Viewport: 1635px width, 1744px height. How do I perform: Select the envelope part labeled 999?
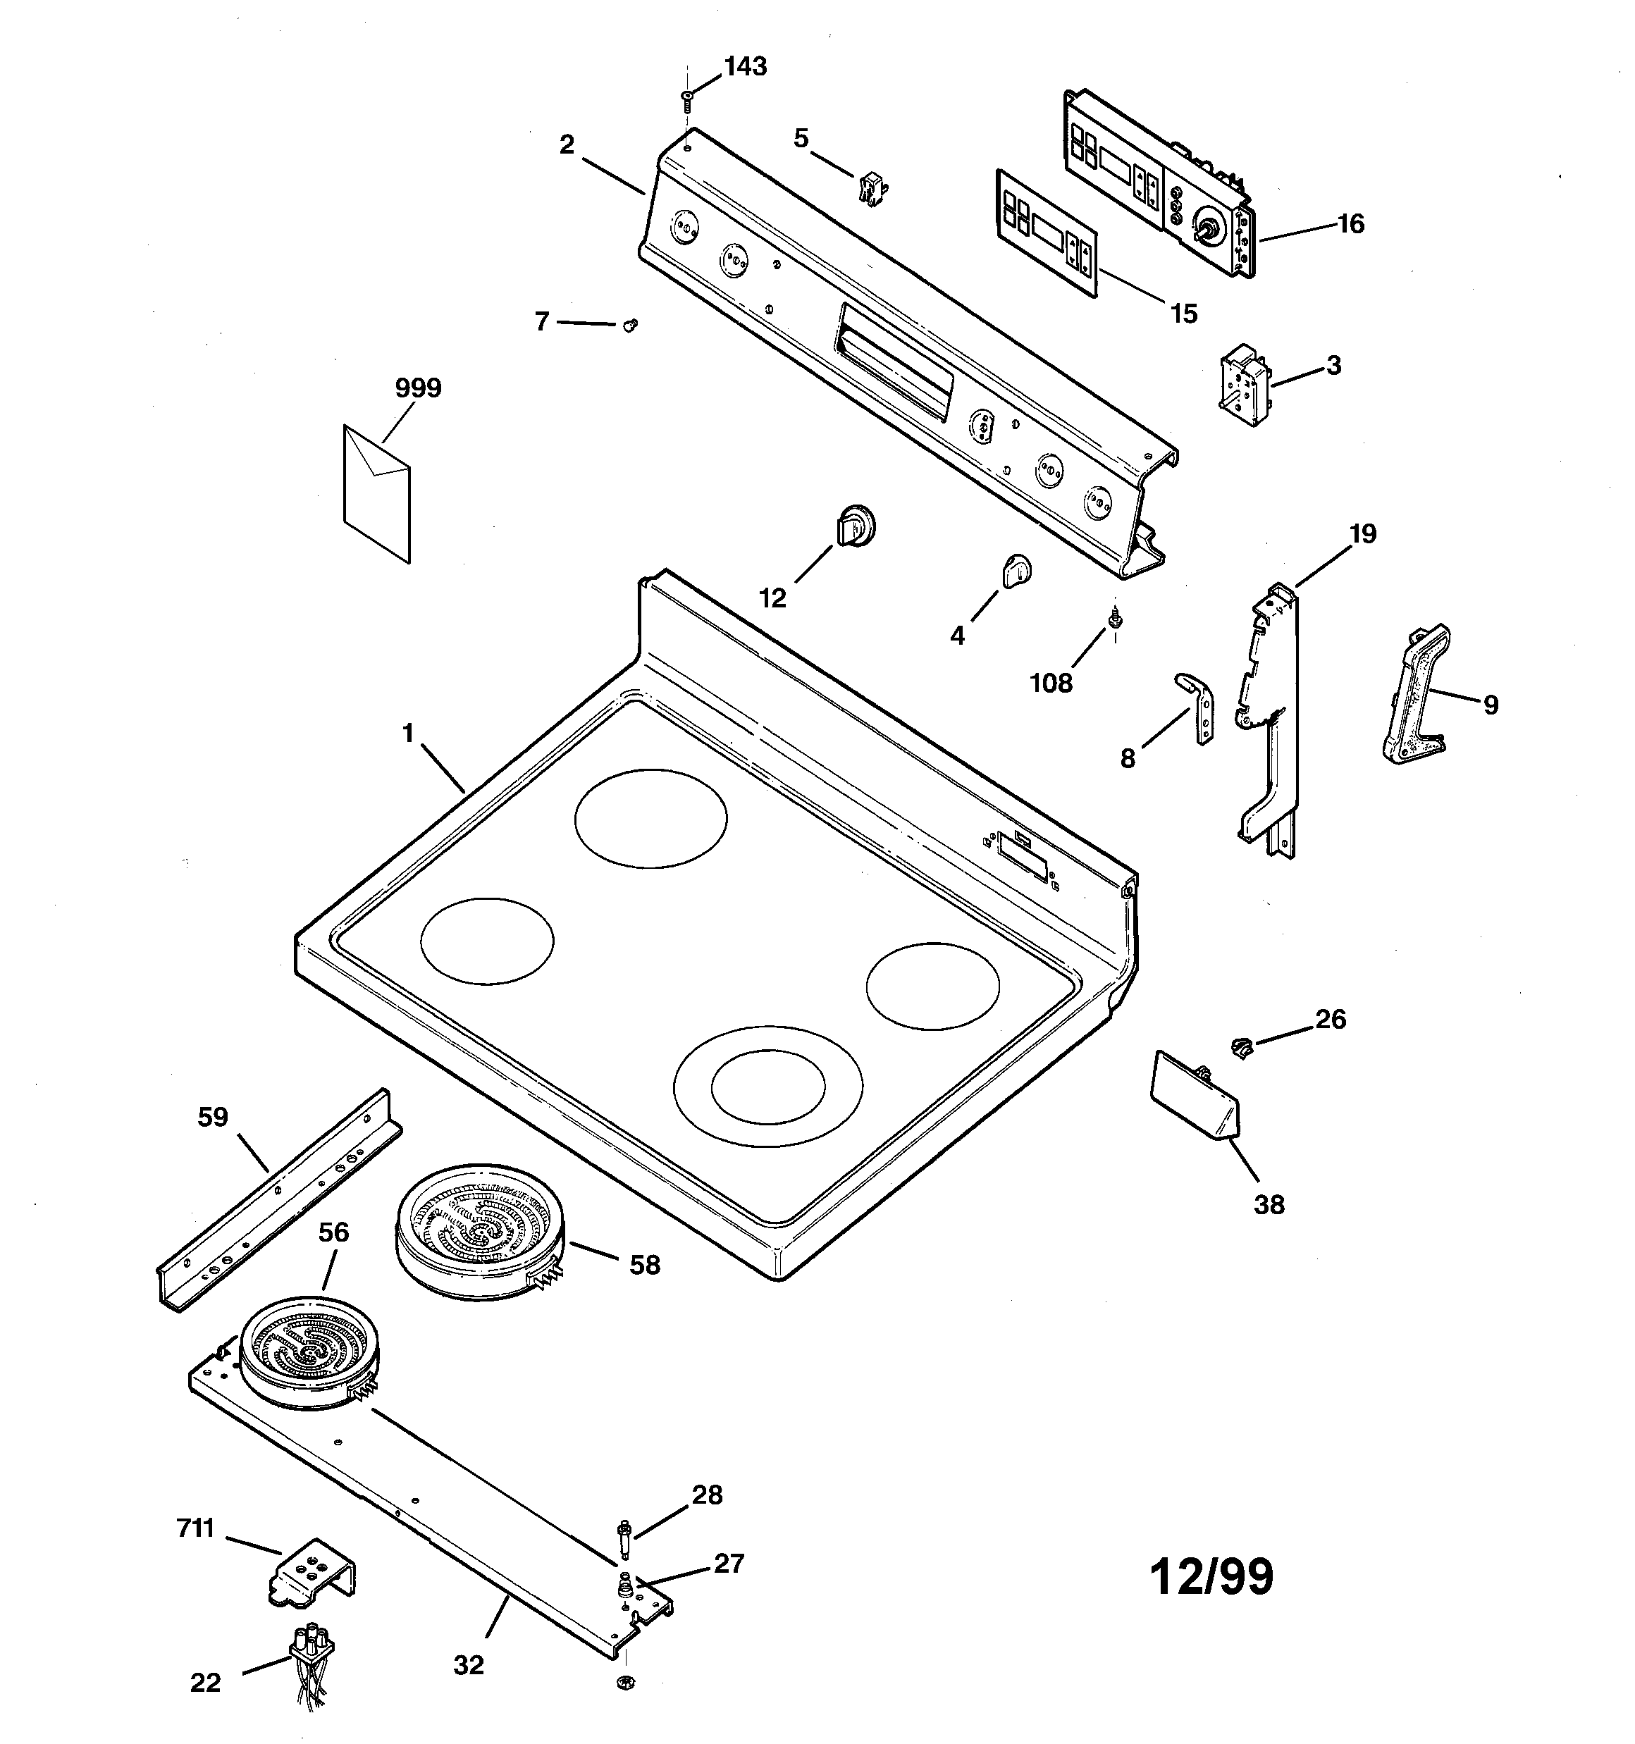point(376,493)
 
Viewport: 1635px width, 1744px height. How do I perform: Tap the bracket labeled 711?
point(311,1576)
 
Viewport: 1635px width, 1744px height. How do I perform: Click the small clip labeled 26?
point(1241,1046)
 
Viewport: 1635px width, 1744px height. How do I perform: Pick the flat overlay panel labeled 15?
point(1046,233)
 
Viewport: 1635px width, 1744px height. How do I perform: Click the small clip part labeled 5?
point(869,189)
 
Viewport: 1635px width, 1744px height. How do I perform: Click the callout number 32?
point(469,1664)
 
